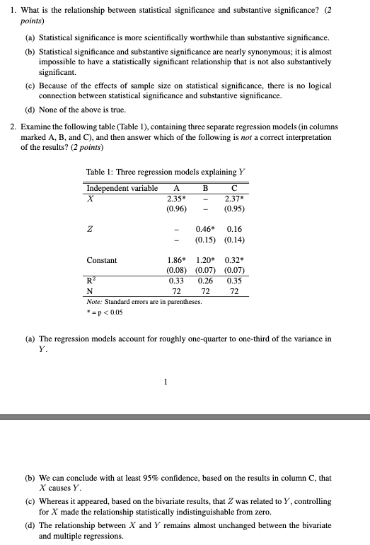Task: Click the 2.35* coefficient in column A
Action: coord(177,199)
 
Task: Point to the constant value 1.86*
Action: coord(176,260)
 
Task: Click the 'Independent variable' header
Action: coord(122,188)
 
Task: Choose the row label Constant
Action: coord(102,260)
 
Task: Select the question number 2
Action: coord(12,127)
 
